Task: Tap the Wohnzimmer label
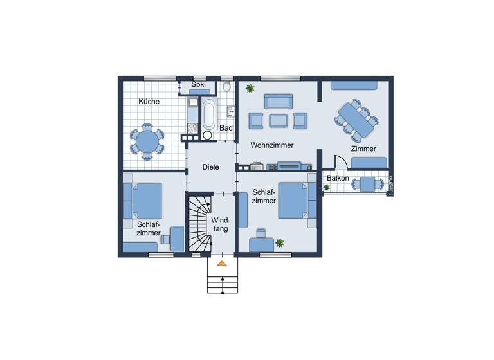(x=272, y=145)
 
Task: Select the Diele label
(x=210, y=167)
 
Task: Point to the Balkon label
(x=338, y=178)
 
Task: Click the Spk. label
(x=198, y=85)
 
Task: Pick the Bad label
(x=226, y=128)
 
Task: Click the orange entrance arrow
(x=222, y=263)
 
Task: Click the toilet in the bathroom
(x=226, y=87)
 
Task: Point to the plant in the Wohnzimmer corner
(x=249, y=87)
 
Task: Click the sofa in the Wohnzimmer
(x=278, y=101)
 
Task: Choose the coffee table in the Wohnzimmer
(x=279, y=120)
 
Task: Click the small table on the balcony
(x=367, y=184)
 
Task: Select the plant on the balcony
(x=327, y=187)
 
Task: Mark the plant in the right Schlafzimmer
(x=280, y=242)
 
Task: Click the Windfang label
(x=221, y=224)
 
